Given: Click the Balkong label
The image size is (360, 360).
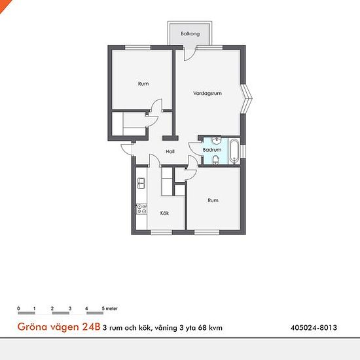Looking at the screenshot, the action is pos(190,34).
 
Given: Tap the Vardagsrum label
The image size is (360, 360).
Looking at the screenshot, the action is pos(207,93).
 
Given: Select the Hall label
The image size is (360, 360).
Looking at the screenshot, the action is pos(170,151).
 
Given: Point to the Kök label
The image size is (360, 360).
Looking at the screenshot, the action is pos(164,213).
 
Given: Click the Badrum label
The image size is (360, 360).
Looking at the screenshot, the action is pos(212,150).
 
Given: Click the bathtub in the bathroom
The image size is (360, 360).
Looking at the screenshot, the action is pos(234,151).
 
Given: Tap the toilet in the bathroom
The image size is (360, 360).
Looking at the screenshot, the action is pos(215,160).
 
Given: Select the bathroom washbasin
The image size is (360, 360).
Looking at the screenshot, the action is pos(216,141).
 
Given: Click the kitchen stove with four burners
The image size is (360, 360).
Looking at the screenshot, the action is pos(141,209).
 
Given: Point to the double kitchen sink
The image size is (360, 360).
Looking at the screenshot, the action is pos(141,183).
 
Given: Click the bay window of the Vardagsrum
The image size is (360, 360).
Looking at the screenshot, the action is pos(247,98).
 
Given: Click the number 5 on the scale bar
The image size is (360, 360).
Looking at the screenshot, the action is pos(103,308).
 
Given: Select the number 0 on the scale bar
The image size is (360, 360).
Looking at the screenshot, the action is pos(18,308).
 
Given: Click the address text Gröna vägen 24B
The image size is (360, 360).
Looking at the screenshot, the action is pos(59,327).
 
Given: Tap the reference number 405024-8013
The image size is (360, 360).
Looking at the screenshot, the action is pos(314,327).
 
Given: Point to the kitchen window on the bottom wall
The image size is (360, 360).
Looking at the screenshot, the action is pos(162,232).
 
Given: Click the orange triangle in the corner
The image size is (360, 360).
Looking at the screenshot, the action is pos(4,5).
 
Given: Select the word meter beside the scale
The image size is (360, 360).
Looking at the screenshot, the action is pos(111,308).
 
